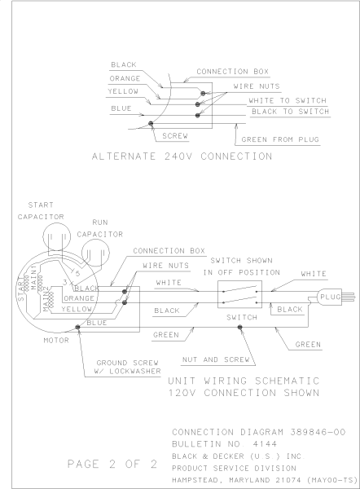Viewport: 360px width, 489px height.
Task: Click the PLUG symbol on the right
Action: click(x=330, y=297)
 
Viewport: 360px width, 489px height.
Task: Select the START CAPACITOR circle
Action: click(x=56, y=236)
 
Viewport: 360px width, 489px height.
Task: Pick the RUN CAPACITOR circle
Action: click(x=95, y=253)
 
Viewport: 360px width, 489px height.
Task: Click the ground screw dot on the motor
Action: click(x=77, y=327)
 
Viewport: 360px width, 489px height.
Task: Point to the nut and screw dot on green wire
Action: click(x=239, y=327)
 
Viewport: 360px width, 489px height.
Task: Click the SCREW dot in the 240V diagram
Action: click(x=151, y=124)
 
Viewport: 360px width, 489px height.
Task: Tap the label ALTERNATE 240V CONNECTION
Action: click(x=182, y=156)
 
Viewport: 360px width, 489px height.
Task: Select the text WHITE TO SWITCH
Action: click(x=288, y=100)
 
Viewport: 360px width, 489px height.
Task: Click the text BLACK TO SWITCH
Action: click(x=291, y=112)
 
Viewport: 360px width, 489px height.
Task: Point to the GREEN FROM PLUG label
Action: click(x=280, y=139)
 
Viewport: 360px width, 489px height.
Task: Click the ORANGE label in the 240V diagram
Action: click(x=125, y=78)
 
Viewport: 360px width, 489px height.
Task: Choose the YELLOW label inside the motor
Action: click(x=77, y=309)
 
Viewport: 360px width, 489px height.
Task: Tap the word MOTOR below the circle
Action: click(x=56, y=340)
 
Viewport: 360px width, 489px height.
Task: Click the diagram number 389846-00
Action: click(x=318, y=432)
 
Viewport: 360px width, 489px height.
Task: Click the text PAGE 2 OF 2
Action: click(x=112, y=464)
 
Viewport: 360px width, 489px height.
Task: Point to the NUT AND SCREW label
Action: click(x=216, y=359)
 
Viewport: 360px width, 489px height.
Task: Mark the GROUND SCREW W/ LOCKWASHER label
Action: click(x=128, y=367)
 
